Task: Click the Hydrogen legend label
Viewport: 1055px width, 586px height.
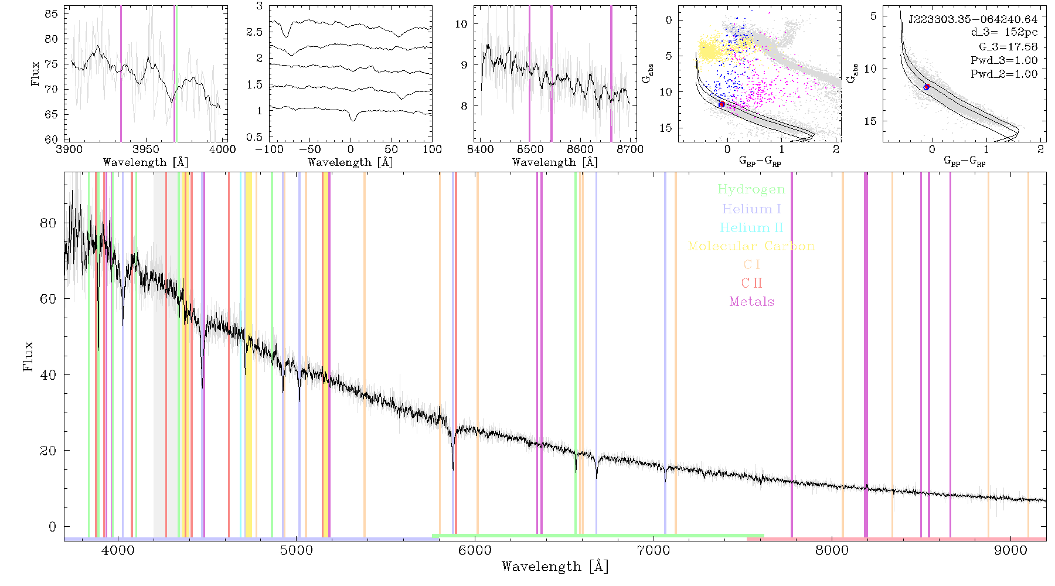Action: click(751, 189)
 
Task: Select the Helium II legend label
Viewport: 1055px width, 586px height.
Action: click(751, 227)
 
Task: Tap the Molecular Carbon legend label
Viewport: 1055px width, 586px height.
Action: click(751, 246)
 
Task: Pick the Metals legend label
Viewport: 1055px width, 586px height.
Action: click(751, 302)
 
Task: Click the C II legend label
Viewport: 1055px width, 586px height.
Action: click(751, 283)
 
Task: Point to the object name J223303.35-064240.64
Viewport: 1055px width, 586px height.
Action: click(972, 19)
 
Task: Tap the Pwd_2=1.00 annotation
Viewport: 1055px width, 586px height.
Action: click(1004, 74)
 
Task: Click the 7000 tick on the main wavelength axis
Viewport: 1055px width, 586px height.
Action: click(653, 550)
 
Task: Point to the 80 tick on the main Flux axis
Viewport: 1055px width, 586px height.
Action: click(49, 223)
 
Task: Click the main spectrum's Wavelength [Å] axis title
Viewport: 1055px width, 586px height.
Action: click(555, 567)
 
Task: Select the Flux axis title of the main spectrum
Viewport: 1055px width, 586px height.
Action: click(28, 356)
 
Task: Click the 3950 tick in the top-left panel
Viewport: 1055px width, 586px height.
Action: click(146, 149)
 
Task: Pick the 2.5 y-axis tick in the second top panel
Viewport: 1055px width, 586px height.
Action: click(254, 32)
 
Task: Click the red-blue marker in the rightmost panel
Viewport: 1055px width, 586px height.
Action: click(927, 87)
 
